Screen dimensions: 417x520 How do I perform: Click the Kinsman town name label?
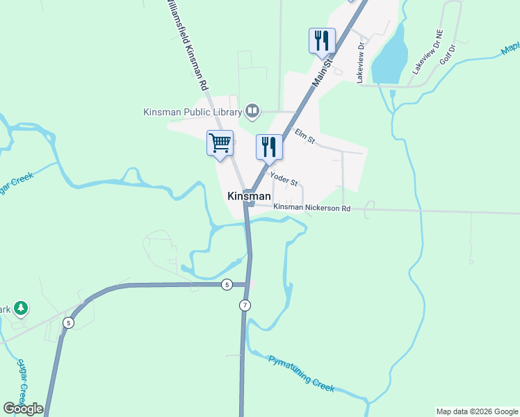coord(249,197)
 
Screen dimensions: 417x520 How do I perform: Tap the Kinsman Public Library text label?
coord(192,111)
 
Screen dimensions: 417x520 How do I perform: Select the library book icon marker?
coord(252,110)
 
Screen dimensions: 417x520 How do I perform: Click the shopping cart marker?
coord(220,143)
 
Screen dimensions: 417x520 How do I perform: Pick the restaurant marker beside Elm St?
coord(269,147)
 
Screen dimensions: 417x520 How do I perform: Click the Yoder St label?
coord(284,180)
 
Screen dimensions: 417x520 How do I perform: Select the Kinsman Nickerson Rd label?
coord(311,208)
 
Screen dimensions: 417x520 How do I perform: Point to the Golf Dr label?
coord(447,54)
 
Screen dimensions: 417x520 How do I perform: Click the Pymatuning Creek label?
coord(302,374)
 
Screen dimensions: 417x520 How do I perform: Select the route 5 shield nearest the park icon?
coord(68,322)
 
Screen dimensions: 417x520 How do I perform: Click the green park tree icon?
coord(21,308)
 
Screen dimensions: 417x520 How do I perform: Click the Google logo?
coord(23,409)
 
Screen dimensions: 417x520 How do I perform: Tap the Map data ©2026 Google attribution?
coord(477,411)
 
